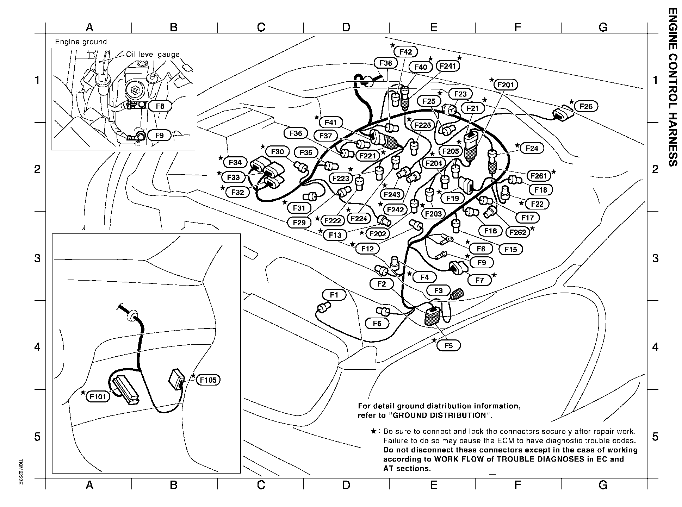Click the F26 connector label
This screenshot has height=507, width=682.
pyautogui.click(x=586, y=106)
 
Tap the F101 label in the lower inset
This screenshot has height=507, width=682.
pyautogui.click(x=98, y=397)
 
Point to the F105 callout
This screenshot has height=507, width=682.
pyautogui.click(x=208, y=380)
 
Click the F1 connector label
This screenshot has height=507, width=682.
pyautogui.click(x=334, y=295)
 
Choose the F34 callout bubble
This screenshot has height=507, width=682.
pyautogui.click(x=235, y=162)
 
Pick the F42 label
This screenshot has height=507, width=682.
pyautogui.click(x=405, y=52)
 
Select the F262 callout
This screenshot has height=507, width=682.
pyautogui.click(x=517, y=232)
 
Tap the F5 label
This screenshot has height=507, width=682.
pyautogui.click(x=448, y=346)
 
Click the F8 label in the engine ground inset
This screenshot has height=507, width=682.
pyautogui.click(x=160, y=106)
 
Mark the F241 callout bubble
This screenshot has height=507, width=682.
pyautogui.click(x=448, y=66)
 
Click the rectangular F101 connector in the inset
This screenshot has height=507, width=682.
pyautogui.click(x=125, y=389)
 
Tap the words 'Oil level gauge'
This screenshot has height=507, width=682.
pyautogui.click(x=153, y=55)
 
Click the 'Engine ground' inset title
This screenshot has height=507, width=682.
pyautogui.click(x=81, y=42)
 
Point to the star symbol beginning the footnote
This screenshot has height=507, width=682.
pyautogui.click(x=374, y=431)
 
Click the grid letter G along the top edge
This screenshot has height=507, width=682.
pyautogui.click(x=603, y=27)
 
